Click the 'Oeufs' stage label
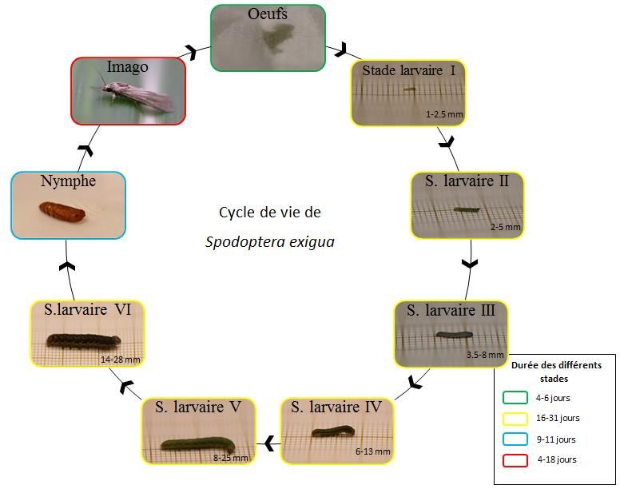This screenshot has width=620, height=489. click(x=268, y=14)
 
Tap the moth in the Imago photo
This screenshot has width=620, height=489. click(x=137, y=96)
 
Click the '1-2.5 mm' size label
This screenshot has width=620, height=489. click(x=444, y=115)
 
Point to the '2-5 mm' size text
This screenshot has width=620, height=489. click(x=506, y=228)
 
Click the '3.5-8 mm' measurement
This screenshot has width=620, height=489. click(x=485, y=355)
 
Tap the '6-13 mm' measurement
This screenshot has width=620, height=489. click(x=373, y=451)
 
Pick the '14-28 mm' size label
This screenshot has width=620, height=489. click(x=121, y=360)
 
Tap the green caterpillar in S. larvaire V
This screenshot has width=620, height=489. click(x=197, y=443)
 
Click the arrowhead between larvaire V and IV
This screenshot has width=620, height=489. click(x=270, y=441)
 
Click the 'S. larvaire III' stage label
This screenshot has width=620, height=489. click(x=451, y=310)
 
